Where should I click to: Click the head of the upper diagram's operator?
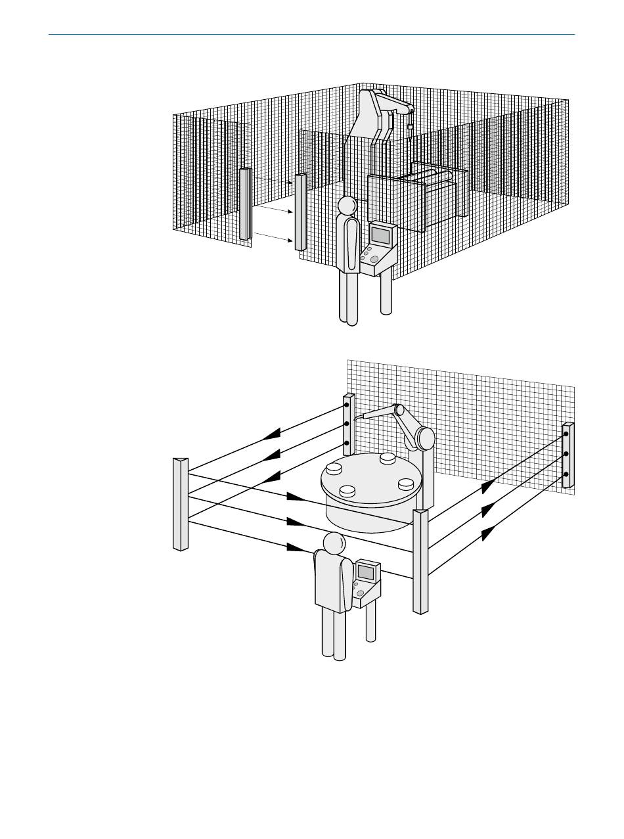tap(347, 206)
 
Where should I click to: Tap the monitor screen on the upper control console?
tap(382, 237)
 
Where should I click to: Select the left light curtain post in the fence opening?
tap(246, 204)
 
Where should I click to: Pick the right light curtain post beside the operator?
tap(301, 212)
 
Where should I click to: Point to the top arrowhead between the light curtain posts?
tap(289, 182)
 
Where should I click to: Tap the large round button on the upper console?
tap(374, 260)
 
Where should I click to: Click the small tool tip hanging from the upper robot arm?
tap(411, 127)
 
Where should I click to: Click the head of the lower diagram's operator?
tap(334, 543)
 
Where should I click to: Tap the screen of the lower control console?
tap(365, 572)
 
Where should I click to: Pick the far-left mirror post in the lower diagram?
tap(181, 504)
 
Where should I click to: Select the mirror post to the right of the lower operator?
tap(420, 561)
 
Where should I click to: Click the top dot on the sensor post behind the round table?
tap(347, 405)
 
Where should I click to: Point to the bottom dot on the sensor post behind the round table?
tap(347, 443)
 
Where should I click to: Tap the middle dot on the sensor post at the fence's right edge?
tap(566, 454)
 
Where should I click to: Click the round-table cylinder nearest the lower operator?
tap(347, 491)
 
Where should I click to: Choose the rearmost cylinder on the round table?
tap(388, 457)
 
